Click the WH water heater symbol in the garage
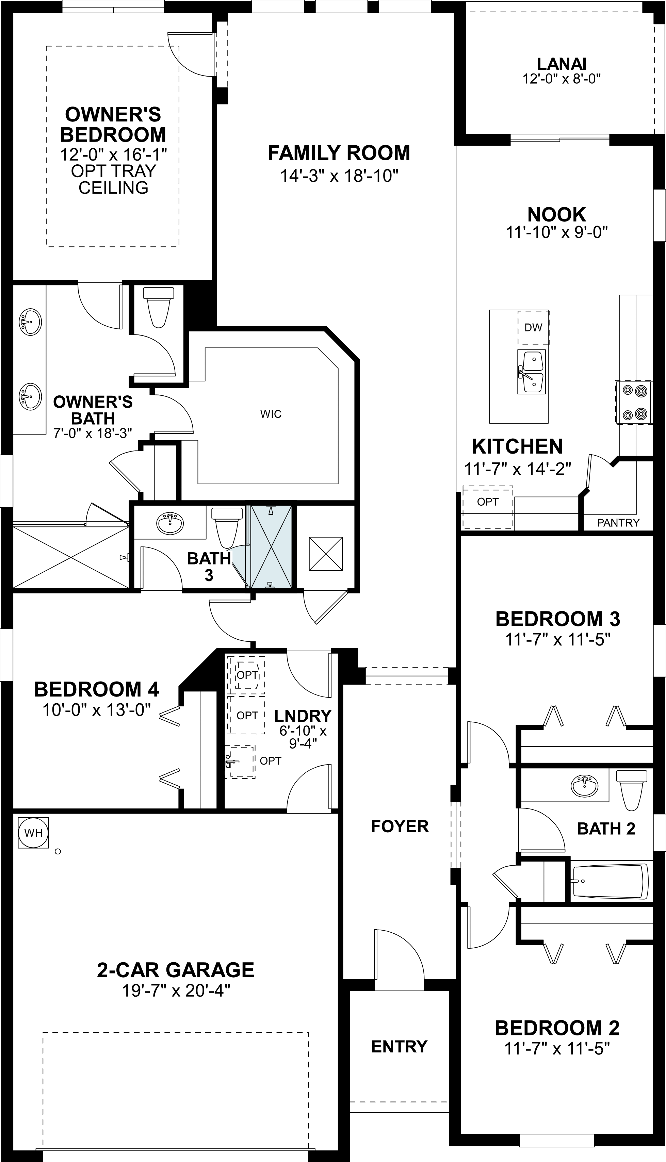(33, 833)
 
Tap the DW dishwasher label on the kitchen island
(533, 327)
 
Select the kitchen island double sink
(531, 372)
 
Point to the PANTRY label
(618, 523)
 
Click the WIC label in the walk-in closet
(271, 414)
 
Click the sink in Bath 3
(170, 523)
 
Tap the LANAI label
(561, 64)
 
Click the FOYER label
(400, 827)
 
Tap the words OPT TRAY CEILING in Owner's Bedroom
(113, 179)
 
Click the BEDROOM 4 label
(97, 690)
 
